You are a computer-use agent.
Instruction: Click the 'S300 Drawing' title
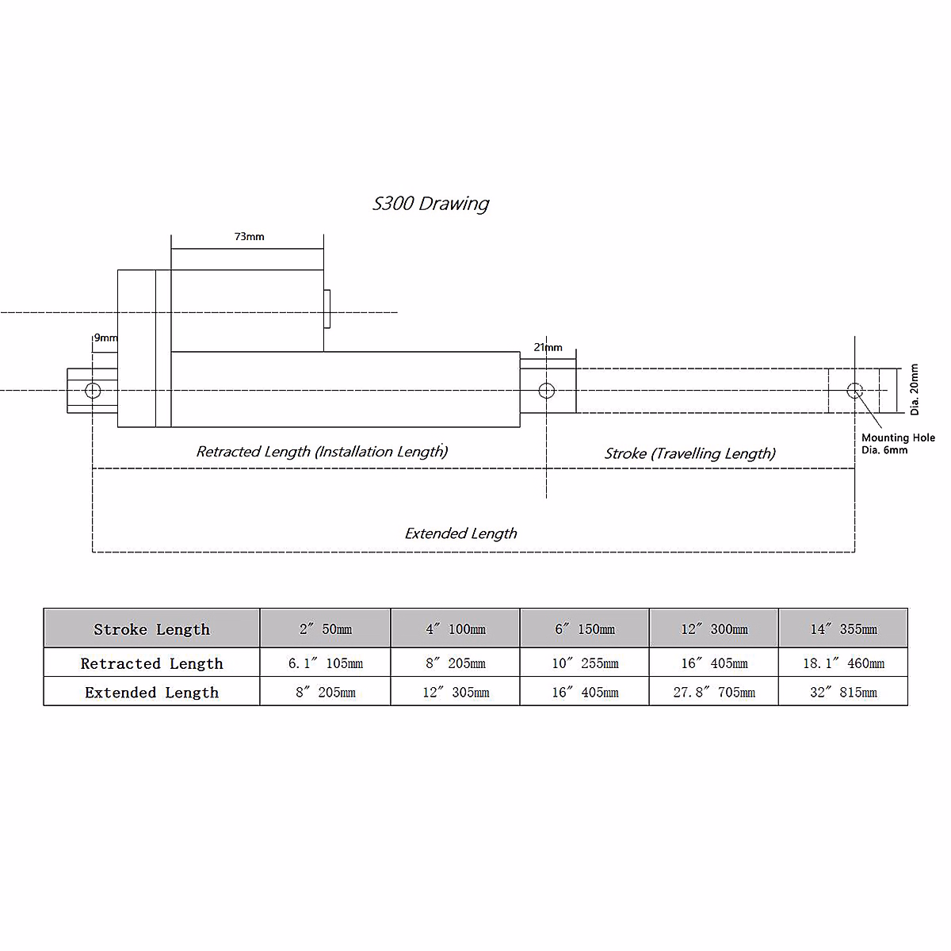[430, 204]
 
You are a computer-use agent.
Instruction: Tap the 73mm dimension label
[249, 237]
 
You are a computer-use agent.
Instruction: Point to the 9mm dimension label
[105, 338]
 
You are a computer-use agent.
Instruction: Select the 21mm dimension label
[548, 347]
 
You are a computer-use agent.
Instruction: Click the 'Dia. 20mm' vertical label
[915, 390]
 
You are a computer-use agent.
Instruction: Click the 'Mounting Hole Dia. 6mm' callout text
[898, 444]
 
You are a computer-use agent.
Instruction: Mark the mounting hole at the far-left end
[93, 390]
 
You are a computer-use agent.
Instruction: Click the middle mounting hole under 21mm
[546, 390]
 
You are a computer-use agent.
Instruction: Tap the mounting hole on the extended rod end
[854, 390]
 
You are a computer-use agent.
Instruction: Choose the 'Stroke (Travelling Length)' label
[689, 453]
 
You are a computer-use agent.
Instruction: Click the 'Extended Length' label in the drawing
[460, 533]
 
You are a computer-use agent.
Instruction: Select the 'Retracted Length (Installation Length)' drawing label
[322, 452]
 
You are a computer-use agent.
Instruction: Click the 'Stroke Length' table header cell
[151, 629]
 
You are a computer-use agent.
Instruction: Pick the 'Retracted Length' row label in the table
[151, 663]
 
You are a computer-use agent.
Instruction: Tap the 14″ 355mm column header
[843, 629]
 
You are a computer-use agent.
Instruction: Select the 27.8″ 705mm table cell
[714, 693]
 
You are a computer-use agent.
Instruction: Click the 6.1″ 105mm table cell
[325, 663]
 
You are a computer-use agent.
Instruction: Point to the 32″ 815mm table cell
[843, 693]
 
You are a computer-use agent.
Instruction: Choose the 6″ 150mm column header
[585, 629]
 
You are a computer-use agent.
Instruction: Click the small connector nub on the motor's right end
[327, 309]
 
